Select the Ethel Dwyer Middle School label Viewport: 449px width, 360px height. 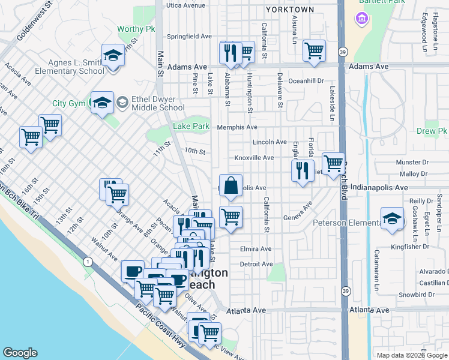point(151,104)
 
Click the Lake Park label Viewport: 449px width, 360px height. point(191,127)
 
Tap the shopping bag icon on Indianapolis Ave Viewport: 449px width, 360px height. point(231,186)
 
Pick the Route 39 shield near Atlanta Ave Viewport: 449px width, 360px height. point(345,290)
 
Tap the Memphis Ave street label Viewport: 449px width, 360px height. point(237,127)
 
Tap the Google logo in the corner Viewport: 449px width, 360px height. point(20,353)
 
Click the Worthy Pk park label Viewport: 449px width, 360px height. point(131,29)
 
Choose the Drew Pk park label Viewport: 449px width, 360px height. point(432,131)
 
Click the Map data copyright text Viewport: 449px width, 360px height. point(412,355)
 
